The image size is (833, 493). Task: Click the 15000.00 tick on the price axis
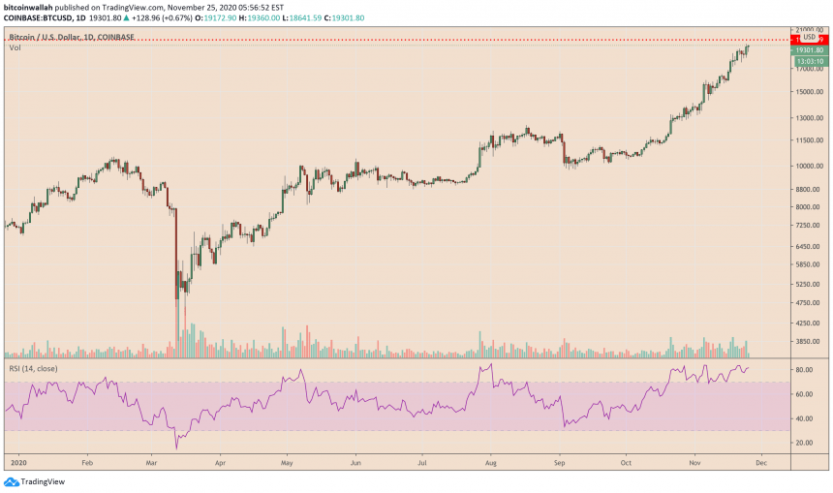pyautogui.click(x=808, y=93)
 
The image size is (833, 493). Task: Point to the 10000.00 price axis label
pyautogui.click(x=808, y=166)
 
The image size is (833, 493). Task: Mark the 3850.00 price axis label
pyautogui.click(x=808, y=341)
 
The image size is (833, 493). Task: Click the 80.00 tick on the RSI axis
pyautogui.click(x=803, y=370)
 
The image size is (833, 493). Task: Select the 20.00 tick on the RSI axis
pyautogui.click(x=803, y=443)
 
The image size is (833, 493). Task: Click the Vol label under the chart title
pyautogui.click(x=15, y=47)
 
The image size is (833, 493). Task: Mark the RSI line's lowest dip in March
pyautogui.click(x=176, y=448)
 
